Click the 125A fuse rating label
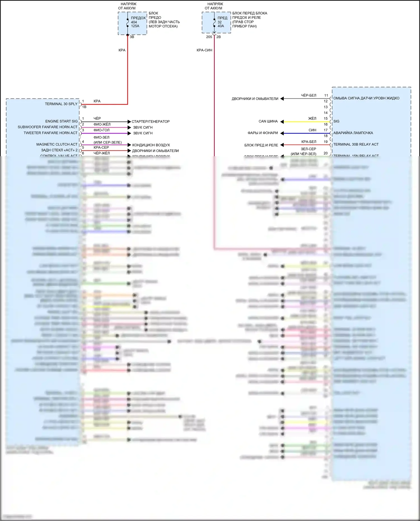[135, 26]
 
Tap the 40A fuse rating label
[221, 26]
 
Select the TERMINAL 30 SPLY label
[61, 104]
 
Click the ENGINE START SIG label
[61, 121]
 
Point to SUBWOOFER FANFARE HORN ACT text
[47, 127]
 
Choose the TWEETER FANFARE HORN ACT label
[50, 133]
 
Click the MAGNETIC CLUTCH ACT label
[57, 144]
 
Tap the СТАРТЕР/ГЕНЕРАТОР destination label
[151, 122]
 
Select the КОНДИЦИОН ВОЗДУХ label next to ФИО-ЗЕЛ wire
[151, 145]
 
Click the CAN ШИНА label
[268, 122]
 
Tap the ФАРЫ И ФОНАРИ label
[263, 133]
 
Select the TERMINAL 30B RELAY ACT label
[356, 144]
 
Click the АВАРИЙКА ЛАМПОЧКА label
[353, 133]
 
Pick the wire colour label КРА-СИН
[204, 50]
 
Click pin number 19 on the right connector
[326, 142]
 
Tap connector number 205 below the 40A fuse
[209, 37]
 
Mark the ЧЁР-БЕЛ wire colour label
[309, 95]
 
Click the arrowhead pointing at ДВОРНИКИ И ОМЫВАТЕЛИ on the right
[282, 99]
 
